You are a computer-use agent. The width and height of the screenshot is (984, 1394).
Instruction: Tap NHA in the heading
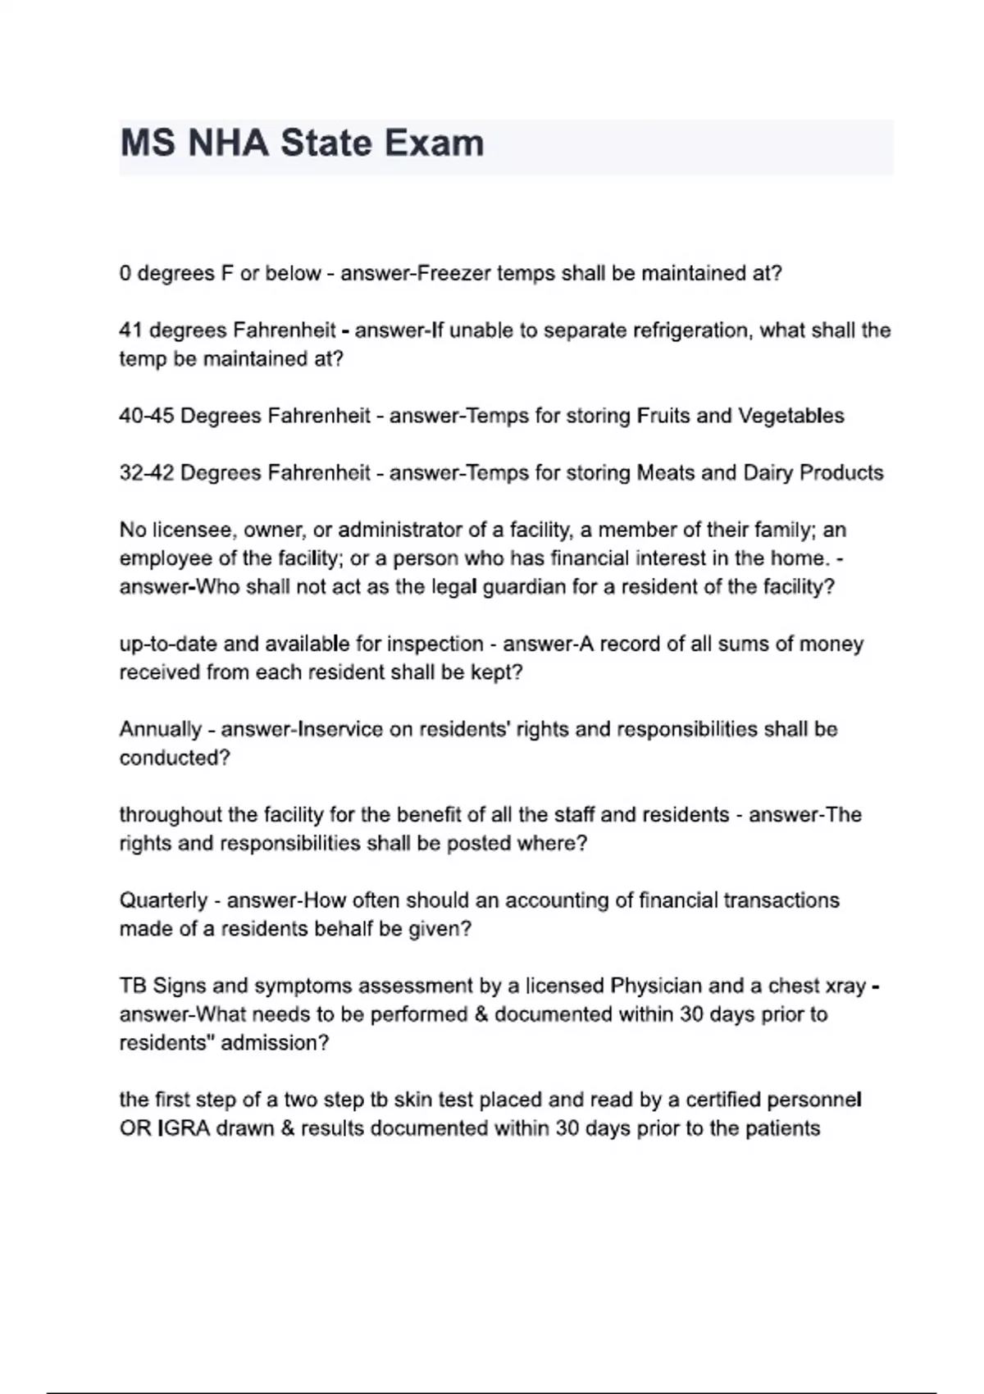tap(228, 143)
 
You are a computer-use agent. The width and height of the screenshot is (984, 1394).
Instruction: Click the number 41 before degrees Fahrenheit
tap(131, 330)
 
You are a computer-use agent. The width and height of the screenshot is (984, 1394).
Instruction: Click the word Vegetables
tap(791, 416)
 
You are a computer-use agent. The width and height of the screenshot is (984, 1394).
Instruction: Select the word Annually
tap(161, 730)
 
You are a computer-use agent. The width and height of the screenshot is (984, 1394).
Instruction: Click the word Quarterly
tap(163, 900)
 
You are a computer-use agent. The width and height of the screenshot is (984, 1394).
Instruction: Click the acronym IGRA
tap(183, 1128)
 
